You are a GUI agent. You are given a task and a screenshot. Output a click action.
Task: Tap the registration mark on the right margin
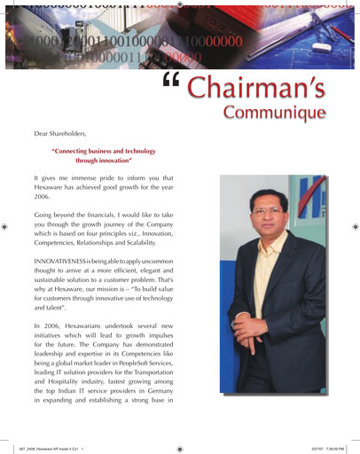[353, 227]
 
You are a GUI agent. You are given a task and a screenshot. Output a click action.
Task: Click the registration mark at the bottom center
[180, 449]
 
